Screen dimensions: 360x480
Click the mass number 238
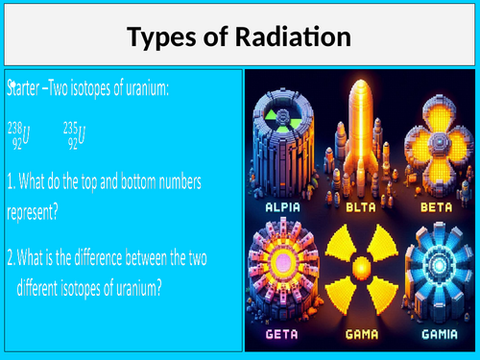tap(17, 127)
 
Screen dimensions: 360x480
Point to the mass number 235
tap(69, 127)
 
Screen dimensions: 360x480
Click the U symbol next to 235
tap(82, 135)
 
